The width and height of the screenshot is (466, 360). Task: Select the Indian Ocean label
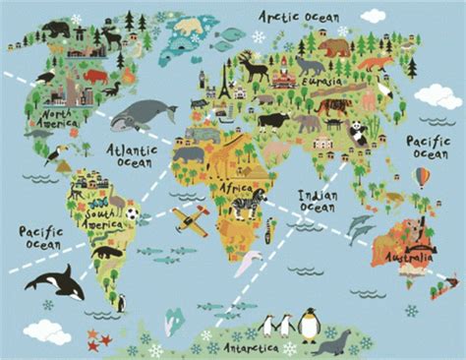(x=320, y=200)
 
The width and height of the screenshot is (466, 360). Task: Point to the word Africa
(x=236, y=187)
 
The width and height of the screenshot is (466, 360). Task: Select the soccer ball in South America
(x=132, y=212)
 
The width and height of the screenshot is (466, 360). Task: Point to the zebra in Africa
(x=246, y=205)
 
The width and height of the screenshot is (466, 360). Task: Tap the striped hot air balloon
(x=422, y=178)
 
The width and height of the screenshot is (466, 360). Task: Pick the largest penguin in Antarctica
(x=310, y=325)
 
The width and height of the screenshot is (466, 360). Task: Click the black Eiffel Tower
(x=225, y=87)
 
